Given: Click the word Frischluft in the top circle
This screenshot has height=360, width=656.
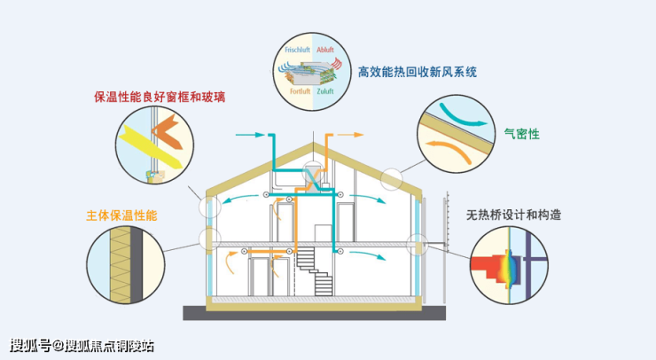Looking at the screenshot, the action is pyautogui.click(x=297, y=50).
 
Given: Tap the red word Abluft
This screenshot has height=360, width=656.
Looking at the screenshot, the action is pyautogui.click(x=325, y=50).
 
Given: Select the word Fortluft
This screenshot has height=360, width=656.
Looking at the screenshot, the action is pyautogui.click(x=301, y=91).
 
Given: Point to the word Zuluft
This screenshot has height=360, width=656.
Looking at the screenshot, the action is pyautogui.click(x=325, y=91).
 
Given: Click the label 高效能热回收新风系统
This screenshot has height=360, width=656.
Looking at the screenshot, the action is pyautogui.click(x=418, y=72).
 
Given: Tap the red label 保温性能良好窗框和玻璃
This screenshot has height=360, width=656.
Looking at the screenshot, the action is pyautogui.click(x=160, y=98).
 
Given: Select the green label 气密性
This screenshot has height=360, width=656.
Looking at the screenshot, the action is pyautogui.click(x=522, y=134).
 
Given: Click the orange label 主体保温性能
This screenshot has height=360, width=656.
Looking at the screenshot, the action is pyautogui.click(x=121, y=215).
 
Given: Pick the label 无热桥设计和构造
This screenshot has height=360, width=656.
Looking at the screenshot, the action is pyautogui.click(x=513, y=215).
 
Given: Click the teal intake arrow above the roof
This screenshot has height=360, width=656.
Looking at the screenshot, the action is pyautogui.click(x=250, y=135).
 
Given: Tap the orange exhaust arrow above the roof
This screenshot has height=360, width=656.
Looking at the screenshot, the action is pyautogui.click(x=350, y=135).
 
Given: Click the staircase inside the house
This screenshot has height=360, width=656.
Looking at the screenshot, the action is pyautogui.click(x=315, y=271).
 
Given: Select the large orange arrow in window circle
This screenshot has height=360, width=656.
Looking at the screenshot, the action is pyautogui.click(x=168, y=131).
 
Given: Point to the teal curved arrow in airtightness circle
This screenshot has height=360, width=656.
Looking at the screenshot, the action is pyautogui.click(x=463, y=115).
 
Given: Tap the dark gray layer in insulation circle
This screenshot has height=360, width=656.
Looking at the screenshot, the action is pyautogui.click(x=137, y=265).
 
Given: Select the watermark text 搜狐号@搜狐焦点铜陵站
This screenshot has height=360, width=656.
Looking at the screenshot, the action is pyautogui.click(x=82, y=346).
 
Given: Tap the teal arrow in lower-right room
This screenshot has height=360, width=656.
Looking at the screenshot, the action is pyautogui.click(x=367, y=254).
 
